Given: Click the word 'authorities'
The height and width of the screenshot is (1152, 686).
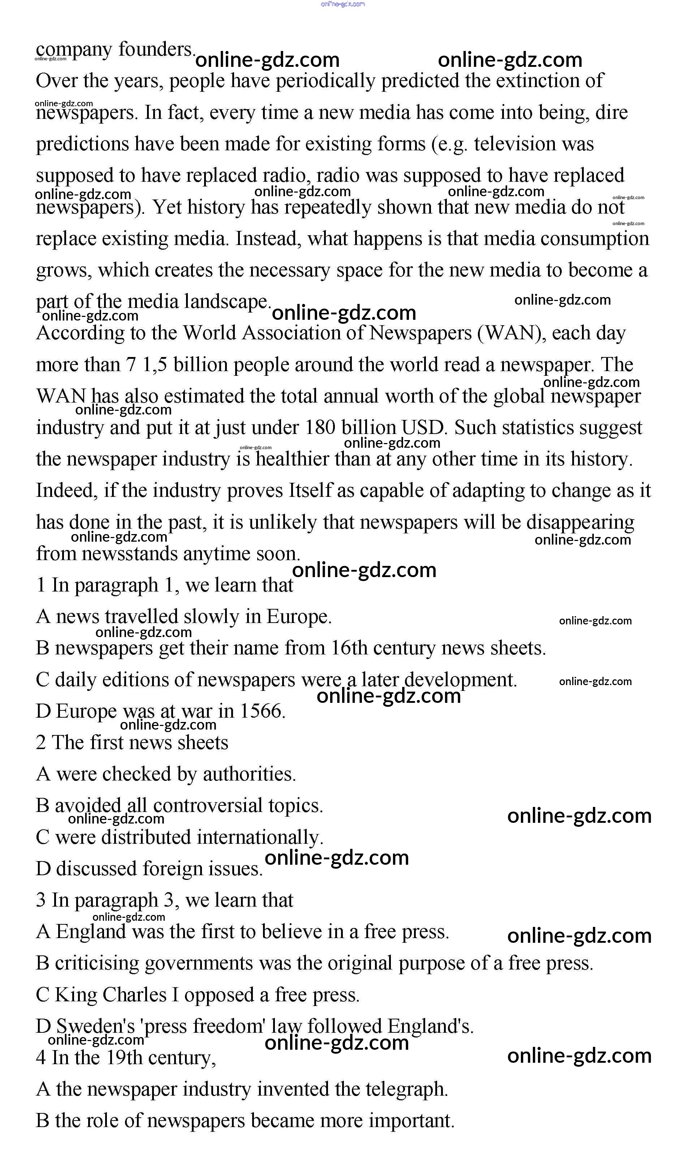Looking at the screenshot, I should (249, 774).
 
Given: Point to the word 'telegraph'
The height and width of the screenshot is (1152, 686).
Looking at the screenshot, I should (407, 1089).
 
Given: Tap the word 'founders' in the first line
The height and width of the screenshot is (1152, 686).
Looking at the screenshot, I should (157, 50).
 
